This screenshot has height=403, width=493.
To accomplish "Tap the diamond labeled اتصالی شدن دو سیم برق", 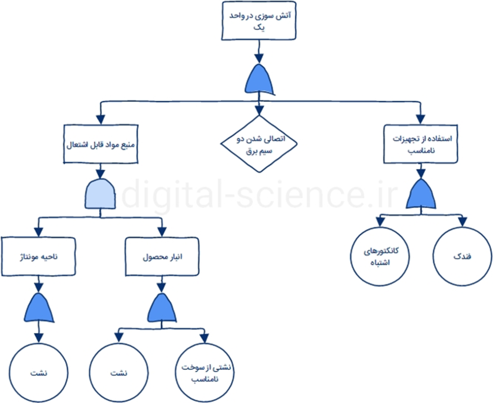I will point(259,144).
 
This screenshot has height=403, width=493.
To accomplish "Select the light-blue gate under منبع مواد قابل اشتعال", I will point(100,194).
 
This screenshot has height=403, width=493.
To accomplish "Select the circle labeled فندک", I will point(462,255).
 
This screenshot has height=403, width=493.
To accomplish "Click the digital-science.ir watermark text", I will point(259,194).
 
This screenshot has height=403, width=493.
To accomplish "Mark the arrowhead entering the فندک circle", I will point(462,222).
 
